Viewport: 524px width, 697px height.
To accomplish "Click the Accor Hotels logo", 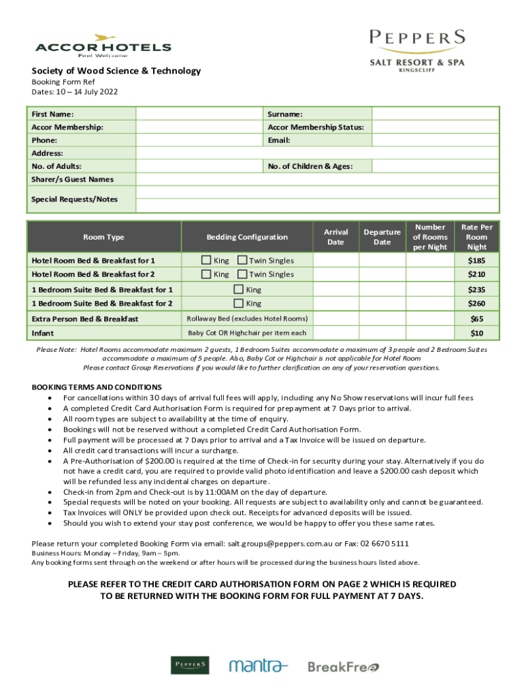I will tap(103, 46).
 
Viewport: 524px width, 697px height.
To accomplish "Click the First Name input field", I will tap(199, 114).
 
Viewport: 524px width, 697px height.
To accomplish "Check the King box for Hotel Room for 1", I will tap(206, 261).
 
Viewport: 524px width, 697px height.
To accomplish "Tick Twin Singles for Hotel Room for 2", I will tap(242, 274).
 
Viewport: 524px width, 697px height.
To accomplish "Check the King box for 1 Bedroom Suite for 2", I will tap(238, 304).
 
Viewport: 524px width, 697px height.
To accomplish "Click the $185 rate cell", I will tap(477, 261).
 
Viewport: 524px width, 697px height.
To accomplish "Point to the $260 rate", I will tap(477, 304).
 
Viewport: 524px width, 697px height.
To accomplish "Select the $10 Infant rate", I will tap(477, 333).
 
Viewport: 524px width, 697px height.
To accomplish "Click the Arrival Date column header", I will tap(335, 237).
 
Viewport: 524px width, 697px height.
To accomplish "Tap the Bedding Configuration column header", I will tap(247, 237).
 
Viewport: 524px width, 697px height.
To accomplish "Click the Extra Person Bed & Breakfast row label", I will tap(85, 319).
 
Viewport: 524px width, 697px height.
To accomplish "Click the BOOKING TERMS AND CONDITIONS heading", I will tap(97, 387).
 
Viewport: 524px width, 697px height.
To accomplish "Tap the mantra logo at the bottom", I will tap(259, 666).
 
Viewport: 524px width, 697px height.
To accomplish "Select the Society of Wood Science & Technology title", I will tap(116, 71).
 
